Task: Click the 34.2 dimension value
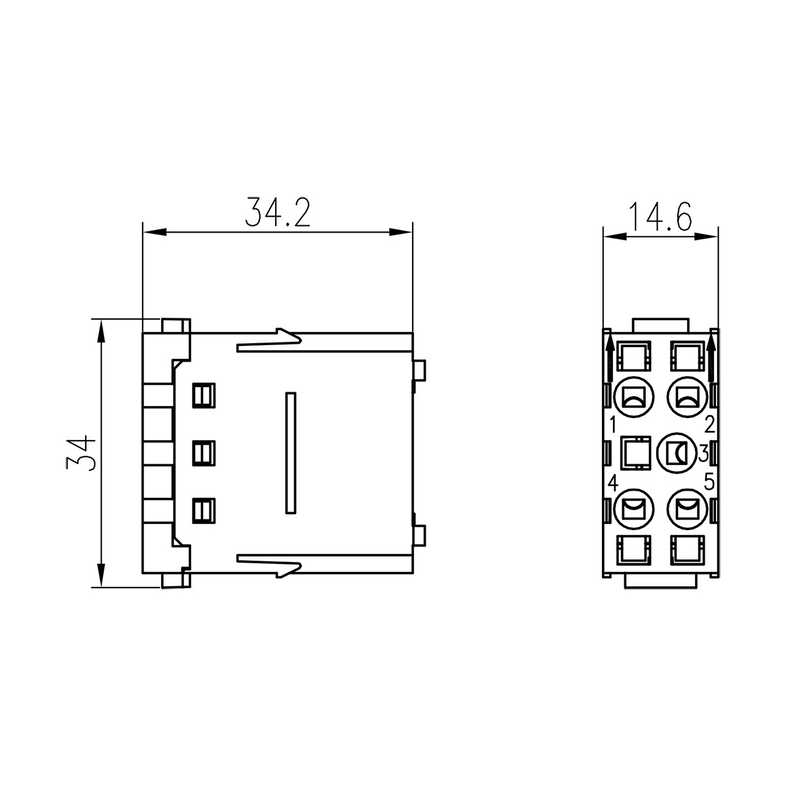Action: (277, 212)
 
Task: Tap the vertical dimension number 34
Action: (81, 453)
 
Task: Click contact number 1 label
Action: (612, 425)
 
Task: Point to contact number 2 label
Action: (710, 425)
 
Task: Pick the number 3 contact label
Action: (703, 453)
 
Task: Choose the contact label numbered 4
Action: (613, 484)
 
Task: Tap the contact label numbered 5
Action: (710, 483)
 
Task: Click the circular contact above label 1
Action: (634, 397)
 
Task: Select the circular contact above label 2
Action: (688, 397)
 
